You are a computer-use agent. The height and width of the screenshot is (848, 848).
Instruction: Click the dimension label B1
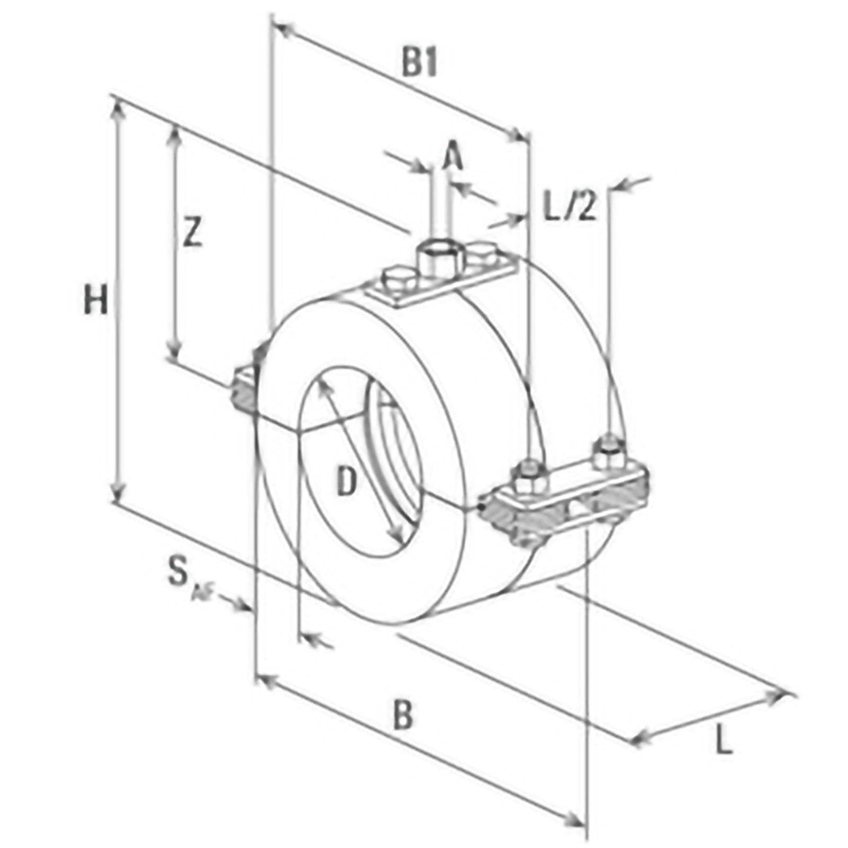419,64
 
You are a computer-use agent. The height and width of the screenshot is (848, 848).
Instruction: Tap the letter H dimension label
96,300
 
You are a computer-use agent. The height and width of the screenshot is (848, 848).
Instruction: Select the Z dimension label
192,233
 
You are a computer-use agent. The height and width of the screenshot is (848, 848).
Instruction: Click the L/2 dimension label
570,206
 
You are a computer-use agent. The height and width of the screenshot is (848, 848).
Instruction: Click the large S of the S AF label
178,572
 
